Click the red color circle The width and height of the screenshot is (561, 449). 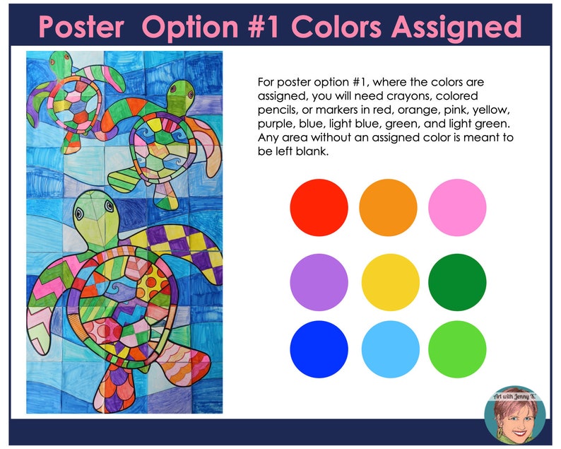[319, 207]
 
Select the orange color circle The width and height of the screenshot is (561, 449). [388, 207]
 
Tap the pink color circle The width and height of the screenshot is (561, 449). [457, 207]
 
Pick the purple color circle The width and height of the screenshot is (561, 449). [319, 281]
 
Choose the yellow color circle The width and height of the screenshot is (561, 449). [388, 281]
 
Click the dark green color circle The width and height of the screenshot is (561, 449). [457, 281]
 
